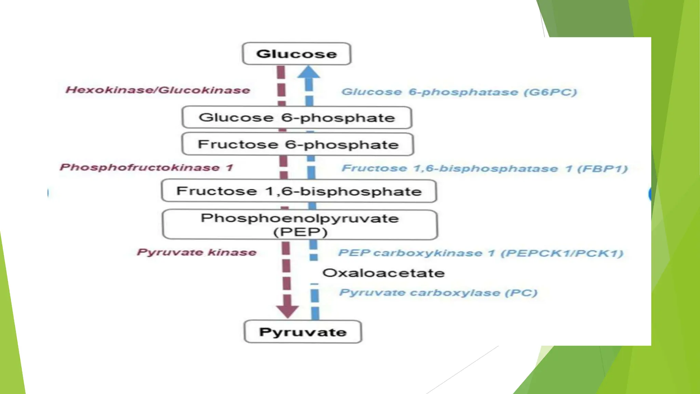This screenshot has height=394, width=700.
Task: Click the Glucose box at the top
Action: coord(296,54)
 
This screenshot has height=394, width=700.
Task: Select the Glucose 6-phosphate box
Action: coord(297,118)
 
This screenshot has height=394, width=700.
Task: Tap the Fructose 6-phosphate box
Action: coord(298,144)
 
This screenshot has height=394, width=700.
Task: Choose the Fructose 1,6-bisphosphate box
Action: coord(299,191)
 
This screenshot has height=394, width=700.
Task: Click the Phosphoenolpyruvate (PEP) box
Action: coord(300,225)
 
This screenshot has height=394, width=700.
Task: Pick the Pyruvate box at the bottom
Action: coord(303,332)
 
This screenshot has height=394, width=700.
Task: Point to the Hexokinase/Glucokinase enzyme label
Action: coord(158,90)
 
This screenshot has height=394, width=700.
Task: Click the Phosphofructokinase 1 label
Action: coord(146,167)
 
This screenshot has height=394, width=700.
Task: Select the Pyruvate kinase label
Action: coord(197,252)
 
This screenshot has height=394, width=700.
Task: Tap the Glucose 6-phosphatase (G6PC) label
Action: coord(459,92)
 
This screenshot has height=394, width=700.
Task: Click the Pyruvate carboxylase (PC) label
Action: coord(438,293)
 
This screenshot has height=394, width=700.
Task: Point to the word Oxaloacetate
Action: coord(383,273)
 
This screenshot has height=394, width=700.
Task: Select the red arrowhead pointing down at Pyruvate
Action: coord(287,310)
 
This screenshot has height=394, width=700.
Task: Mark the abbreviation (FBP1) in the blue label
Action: coord(602,169)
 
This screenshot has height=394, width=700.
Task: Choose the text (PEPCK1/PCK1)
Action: coord(562,253)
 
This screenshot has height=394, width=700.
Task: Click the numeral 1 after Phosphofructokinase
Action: coord(229,168)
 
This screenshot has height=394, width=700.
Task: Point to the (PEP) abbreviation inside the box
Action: coord(300,232)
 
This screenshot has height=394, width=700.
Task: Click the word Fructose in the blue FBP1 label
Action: coord(374,168)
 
